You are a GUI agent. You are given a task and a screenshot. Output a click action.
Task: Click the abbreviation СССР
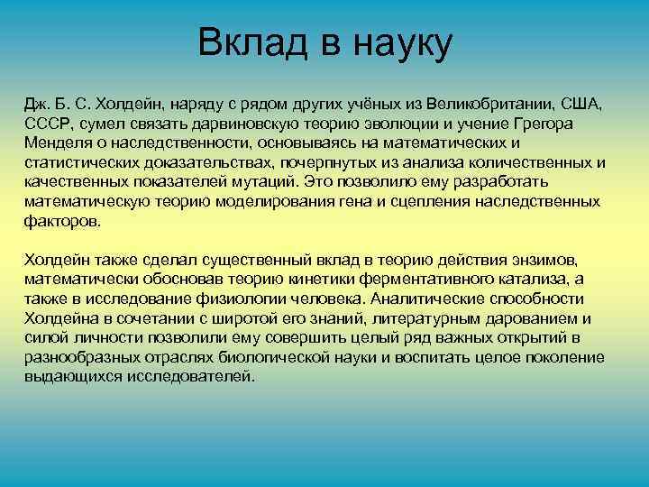point(48,124)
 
